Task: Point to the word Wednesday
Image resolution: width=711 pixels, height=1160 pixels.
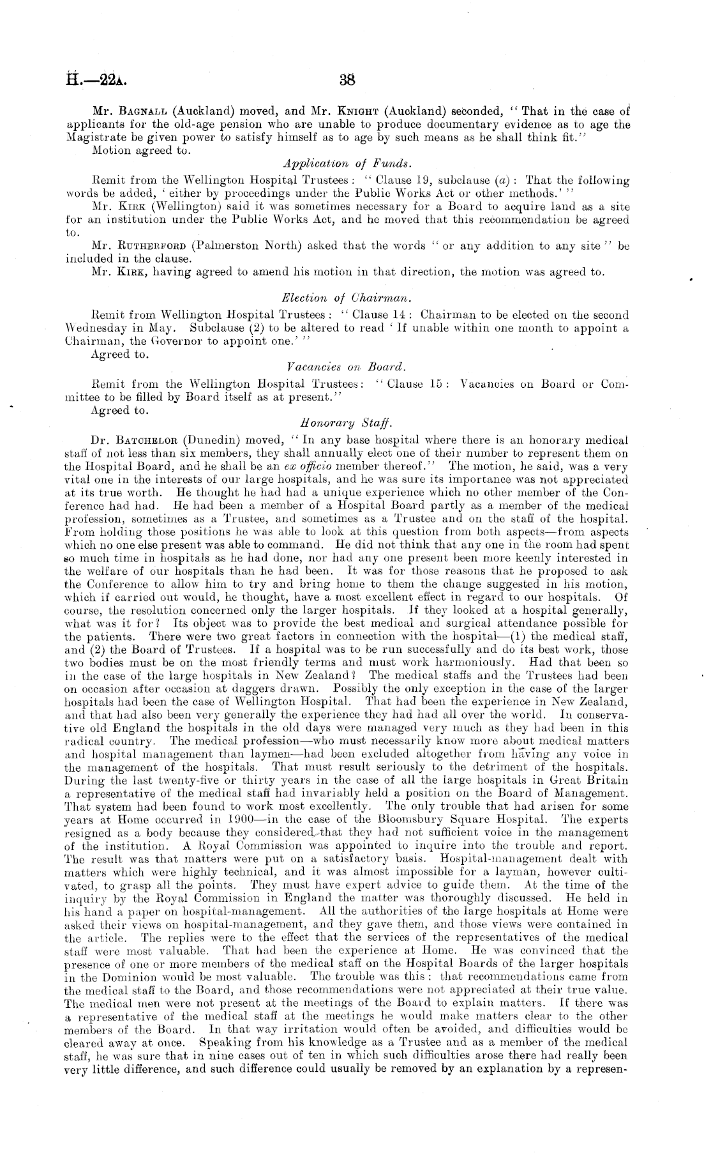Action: [x=95, y=328]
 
